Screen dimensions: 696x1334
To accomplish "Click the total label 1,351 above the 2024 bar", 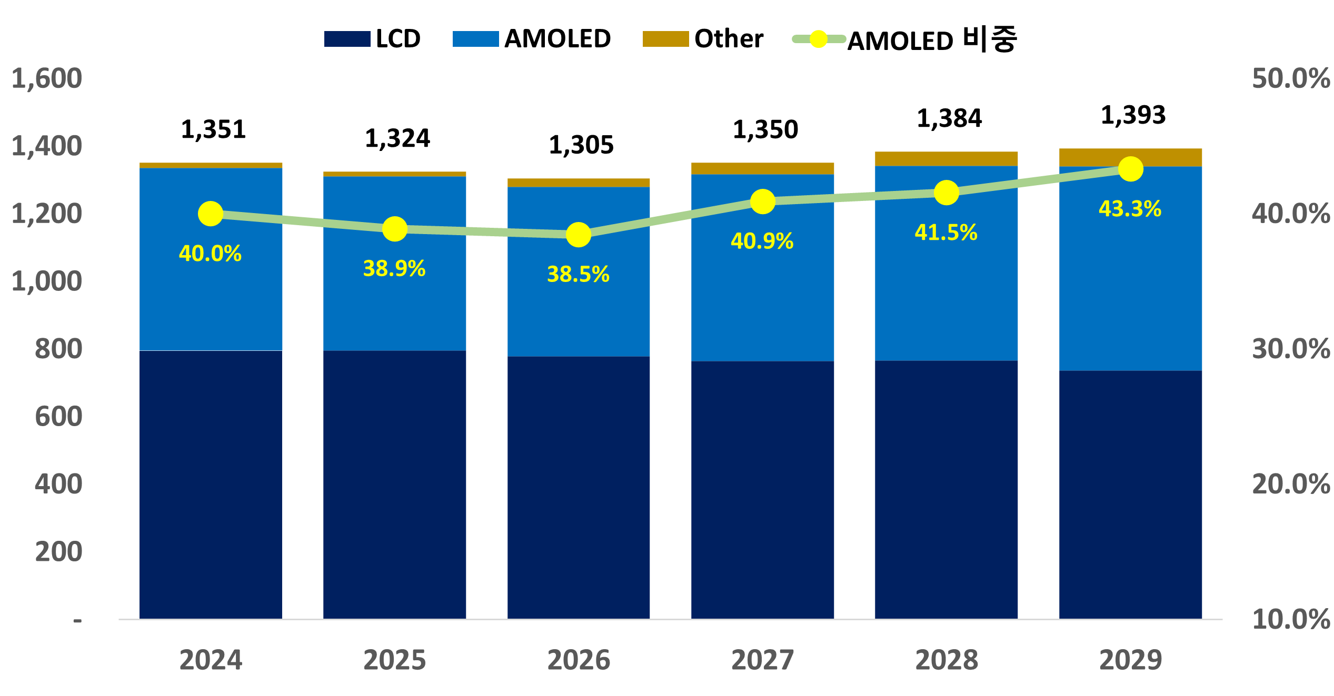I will [x=213, y=129].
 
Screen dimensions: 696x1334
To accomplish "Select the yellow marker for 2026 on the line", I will [x=578, y=235].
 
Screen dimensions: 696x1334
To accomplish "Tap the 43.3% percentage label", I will [x=1130, y=209].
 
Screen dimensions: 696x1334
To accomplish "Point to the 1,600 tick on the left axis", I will [x=47, y=78].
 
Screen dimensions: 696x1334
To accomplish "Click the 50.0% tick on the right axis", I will [x=1291, y=78].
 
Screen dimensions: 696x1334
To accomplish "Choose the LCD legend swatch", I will [x=347, y=39].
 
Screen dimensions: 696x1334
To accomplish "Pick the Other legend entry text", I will [x=729, y=39].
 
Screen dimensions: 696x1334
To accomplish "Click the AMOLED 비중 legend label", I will [x=932, y=40].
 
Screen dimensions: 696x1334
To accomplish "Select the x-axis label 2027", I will [x=762, y=660].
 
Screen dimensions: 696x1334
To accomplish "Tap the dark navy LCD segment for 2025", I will [x=394, y=484].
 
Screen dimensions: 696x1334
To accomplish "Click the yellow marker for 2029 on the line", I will [x=1130, y=169].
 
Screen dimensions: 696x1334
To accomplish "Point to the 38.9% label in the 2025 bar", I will [x=394, y=269].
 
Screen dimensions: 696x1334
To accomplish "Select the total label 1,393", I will [x=1133, y=115].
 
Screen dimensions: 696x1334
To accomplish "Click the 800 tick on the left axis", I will [x=58, y=349].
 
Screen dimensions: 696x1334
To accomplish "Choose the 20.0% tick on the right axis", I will [x=1291, y=484].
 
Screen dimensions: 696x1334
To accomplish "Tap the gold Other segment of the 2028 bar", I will [x=946, y=159].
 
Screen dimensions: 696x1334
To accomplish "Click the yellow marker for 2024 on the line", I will [x=211, y=214].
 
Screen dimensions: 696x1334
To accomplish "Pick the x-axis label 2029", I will [x=1130, y=660].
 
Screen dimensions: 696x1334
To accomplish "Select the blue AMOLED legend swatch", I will [x=475, y=39].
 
